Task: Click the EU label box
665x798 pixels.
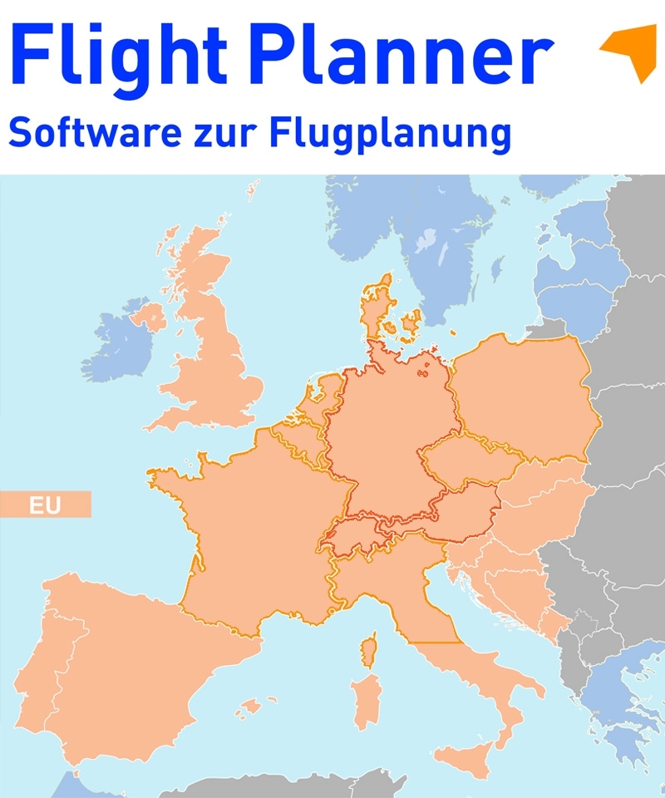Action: tap(45, 505)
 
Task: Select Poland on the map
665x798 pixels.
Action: tap(524, 399)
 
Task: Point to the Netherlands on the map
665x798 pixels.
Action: tap(320, 399)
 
